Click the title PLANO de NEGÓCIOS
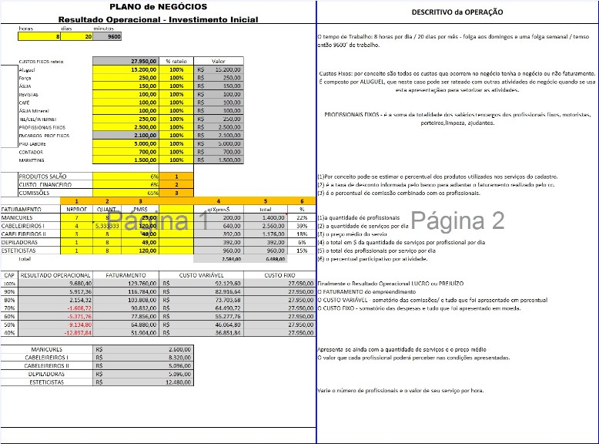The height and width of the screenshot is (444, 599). click(x=158, y=7)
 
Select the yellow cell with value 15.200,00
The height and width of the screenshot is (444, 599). click(x=125, y=69)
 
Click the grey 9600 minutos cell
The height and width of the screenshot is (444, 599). click(x=109, y=36)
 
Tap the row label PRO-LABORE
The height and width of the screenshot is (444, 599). click(x=34, y=143)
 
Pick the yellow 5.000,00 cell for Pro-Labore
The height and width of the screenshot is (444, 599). click(x=125, y=143)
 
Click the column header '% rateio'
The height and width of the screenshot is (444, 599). click(x=176, y=61)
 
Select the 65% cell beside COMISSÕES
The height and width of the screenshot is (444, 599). click(x=126, y=193)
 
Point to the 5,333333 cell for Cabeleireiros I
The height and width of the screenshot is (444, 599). click(x=107, y=226)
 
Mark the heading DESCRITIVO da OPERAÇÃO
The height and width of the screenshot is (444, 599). click(x=457, y=12)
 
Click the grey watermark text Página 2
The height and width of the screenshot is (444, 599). click(x=457, y=220)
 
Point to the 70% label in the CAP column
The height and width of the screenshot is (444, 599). click(x=9, y=308)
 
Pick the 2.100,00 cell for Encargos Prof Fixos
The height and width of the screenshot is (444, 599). click(x=125, y=136)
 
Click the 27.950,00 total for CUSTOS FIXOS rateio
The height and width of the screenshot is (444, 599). click(x=125, y=61)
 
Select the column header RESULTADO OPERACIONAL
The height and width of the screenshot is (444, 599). click(x=49, y=274)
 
